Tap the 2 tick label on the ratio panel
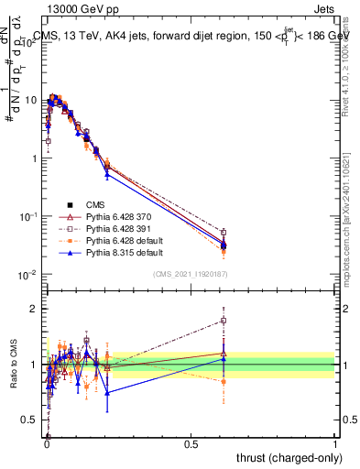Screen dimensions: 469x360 37,309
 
